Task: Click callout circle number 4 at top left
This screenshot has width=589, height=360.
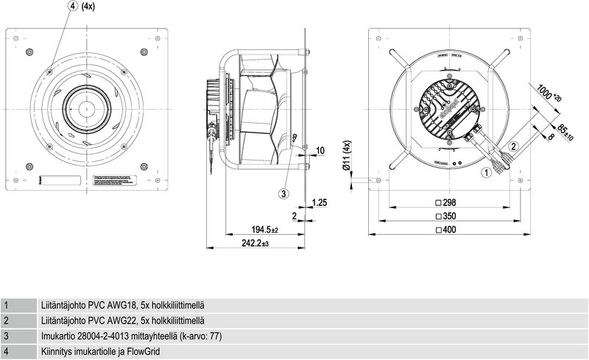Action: pos(73,6)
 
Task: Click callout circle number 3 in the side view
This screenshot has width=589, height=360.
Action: pos(284,194)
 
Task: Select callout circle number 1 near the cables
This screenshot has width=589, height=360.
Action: pos(485,174)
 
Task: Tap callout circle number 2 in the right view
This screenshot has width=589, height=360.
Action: pos(515,146)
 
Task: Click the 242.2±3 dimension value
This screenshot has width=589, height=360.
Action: pos(253,243)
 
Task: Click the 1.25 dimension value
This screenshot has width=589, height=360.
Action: pos(320,202)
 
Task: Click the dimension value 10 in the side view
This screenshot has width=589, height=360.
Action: pos(320,151)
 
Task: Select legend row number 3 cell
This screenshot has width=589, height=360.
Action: pos(7,336)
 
